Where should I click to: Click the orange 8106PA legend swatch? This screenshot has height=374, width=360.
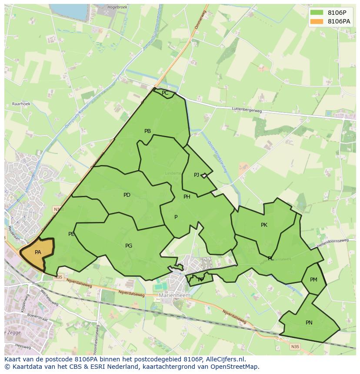(317, 21)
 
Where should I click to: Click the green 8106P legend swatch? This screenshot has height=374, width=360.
(317, 12)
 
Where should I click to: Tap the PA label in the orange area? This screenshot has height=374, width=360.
(38, 252)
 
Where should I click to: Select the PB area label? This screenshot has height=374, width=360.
(147, 131)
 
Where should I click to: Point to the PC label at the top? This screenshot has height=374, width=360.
(165, 93)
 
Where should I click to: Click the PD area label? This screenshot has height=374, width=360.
(127, 195)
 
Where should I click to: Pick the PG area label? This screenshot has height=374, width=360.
(129, 246)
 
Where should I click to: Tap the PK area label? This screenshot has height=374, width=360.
(264, 225)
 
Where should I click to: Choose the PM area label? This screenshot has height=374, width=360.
(313, 280)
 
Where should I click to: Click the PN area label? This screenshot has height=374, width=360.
(309, 323)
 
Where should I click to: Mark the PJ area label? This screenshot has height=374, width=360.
(197, 175)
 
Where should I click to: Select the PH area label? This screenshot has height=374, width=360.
(187, 197)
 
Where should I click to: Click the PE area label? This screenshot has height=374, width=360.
(71, 234)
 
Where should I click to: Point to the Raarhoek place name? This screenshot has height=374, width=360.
(20, 104)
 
